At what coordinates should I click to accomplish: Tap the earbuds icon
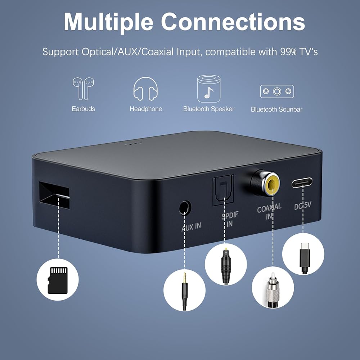(83, 88)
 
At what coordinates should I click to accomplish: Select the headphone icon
(145, 89)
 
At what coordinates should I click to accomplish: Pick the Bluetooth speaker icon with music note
(209, 89)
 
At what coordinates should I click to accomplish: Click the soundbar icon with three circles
(277, 91)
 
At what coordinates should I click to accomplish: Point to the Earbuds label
(83, 109)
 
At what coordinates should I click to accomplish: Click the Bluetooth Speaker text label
(209, 109)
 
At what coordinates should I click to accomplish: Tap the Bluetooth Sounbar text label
(276, 109)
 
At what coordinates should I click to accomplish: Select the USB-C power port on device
(302, 183)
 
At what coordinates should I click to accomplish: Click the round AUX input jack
(185, 208)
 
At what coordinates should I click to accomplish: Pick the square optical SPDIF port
(223, 190)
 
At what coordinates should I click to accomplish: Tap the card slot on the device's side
(54, 194)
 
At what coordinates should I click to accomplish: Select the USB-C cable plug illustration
(303, 254)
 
